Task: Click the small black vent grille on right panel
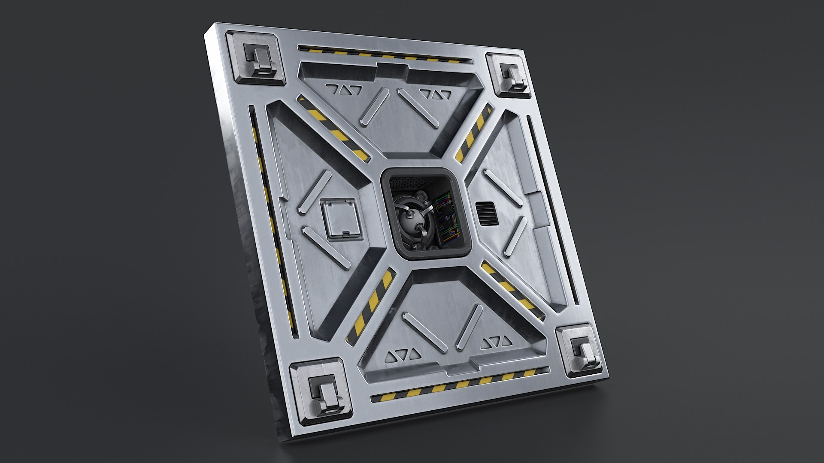[x=487, y=213]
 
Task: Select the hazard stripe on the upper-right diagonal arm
[x=475, y=133]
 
